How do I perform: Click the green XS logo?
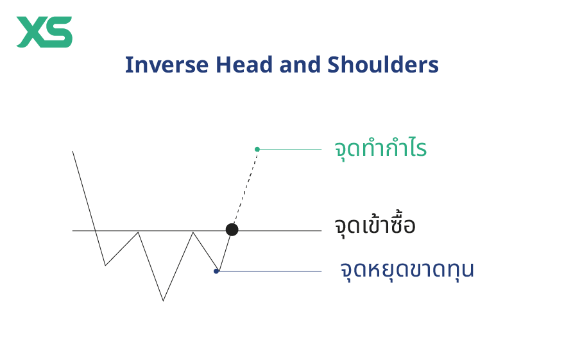[44, 32]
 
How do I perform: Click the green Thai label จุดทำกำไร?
[380, 150]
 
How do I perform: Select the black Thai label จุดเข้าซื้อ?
[375, 226]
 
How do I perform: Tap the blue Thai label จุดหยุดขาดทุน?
[407, 270]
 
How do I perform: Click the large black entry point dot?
[232, 230]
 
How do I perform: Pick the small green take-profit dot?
[257, 149]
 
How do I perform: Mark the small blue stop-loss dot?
[216, 271]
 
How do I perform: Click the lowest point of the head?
[163, 300]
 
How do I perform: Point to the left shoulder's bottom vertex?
[105, 265]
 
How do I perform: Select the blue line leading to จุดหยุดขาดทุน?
[269, 271]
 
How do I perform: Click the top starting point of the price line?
[73, 151]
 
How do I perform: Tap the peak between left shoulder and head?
[138, 232]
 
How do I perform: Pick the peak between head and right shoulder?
[193, 232]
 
